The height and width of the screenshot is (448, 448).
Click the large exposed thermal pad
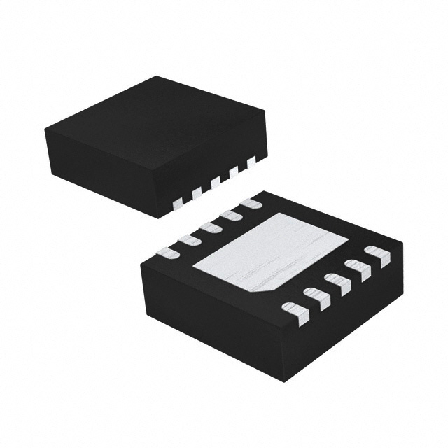(x=269, y=252)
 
